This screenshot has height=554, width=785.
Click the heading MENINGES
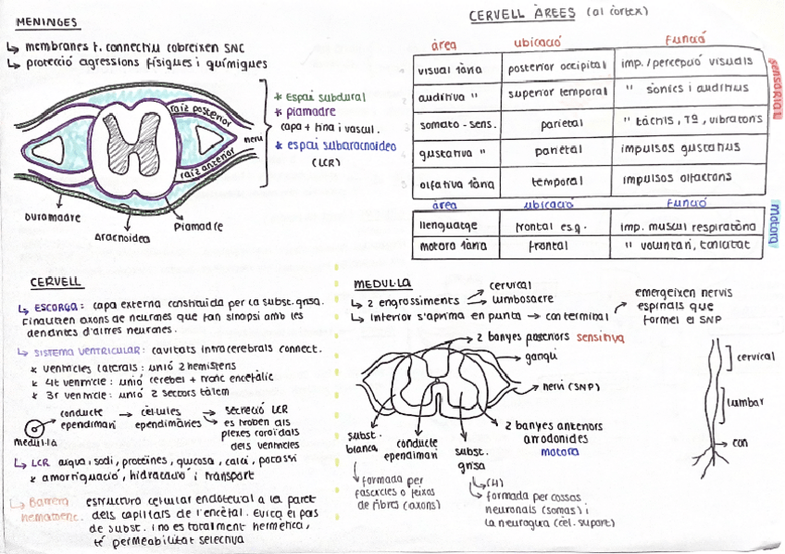tap(47, 22)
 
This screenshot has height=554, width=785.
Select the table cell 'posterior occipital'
tap(556, 65)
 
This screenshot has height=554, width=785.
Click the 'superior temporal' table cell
tap(556, 91)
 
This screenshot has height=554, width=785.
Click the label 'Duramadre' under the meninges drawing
tap(52, 218)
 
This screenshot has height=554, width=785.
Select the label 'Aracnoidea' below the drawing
tap(121, 237)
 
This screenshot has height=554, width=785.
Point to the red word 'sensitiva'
tap(600, 339)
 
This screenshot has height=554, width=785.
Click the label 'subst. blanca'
tap(362, 441)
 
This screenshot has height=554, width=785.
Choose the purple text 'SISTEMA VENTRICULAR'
tap(87, 351)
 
